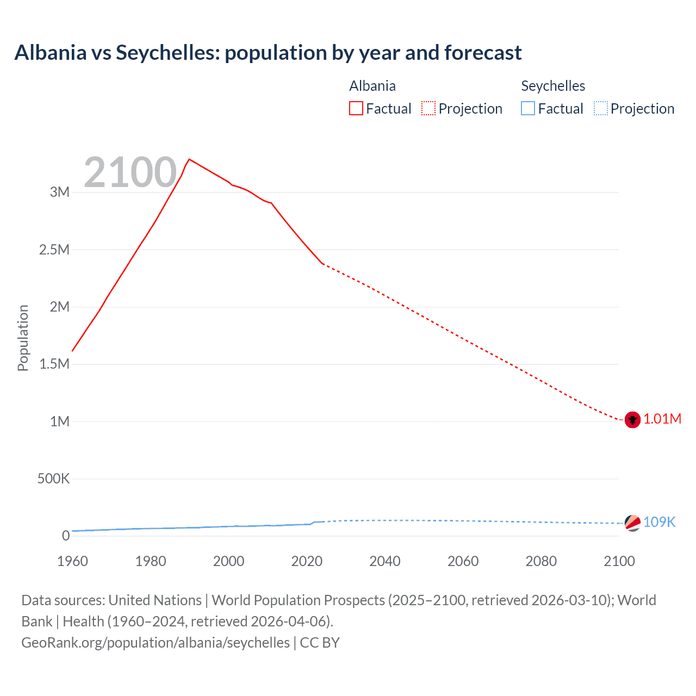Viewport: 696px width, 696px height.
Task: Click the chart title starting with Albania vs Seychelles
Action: (x=268, y=53)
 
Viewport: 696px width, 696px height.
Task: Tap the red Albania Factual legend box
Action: (x=356, y=108)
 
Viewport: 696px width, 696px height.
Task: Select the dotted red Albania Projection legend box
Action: (x=428, y=108)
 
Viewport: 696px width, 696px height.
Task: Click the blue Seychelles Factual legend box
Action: (x=527, y=108)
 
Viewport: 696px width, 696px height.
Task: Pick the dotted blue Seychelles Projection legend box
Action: (x=600, y=108)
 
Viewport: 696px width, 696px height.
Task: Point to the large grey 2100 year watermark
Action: (x=130, y=172)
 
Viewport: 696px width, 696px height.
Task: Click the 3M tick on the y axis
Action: (x=60, y=192)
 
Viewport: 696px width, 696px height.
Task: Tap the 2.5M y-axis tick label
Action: (x=54, y=250)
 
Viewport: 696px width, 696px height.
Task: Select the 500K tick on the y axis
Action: (x=53, y=478)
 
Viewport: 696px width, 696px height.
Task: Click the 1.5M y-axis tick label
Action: (x=54, y=364)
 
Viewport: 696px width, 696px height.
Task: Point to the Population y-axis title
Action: (x=23, y=338)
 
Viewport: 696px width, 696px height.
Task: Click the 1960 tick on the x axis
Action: (x=72, y=561)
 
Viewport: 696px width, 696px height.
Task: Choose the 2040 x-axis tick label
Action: (x=385, y=561)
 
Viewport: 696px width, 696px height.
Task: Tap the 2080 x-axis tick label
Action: (x=541, y=561)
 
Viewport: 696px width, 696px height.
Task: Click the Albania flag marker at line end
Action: (x=632, y=420)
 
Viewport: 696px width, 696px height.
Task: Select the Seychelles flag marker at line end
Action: (x=632, y=523)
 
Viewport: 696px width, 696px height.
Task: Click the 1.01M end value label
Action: (x=662, y=419)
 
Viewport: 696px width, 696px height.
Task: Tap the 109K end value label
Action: (x=659, y=522)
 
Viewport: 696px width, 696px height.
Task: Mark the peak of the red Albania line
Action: (x=189, y=159)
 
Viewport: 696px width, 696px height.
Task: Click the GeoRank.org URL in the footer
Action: (x=156, y=643)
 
